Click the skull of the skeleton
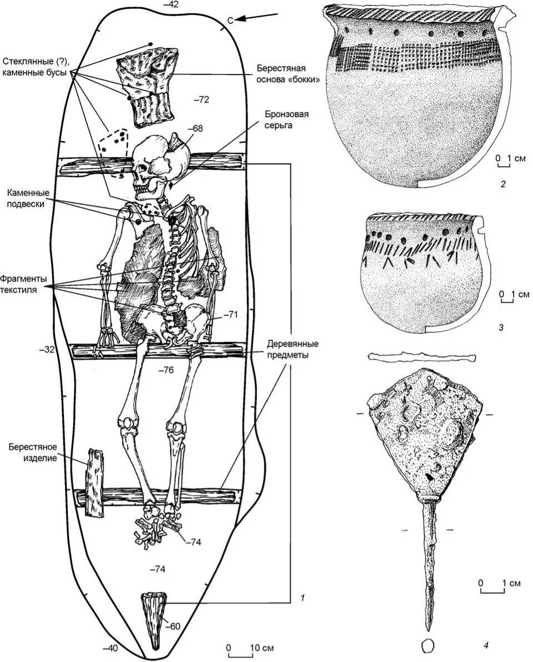pos(158,161)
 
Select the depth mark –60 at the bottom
pos(174,626)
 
